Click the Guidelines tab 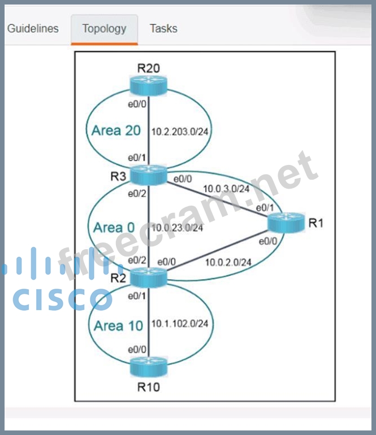coord(33,28)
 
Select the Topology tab coord(104,28)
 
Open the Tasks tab coord(163,28)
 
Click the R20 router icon coord(148,85)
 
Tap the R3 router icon coord(148,175)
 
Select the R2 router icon coord(148,277)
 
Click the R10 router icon coord(148,367)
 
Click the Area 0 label coord(114,227)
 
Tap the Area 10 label coord(118,326)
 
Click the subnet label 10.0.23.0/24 coord(178,228)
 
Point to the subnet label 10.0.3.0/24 coord(226,189)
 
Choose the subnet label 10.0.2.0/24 coord(228,262)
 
